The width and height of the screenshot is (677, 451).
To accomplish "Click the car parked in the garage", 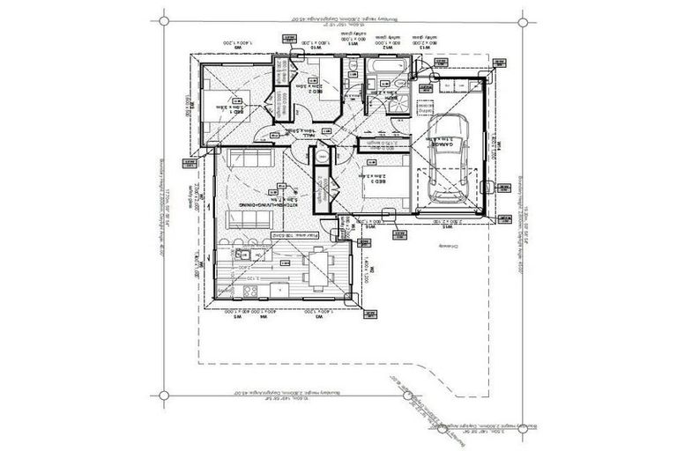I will click(450, 159).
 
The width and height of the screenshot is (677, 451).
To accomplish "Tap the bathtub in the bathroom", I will click(384, 68).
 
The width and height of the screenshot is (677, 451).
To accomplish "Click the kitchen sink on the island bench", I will click(249, 256).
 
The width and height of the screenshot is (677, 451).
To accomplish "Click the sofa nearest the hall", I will click(246, 159).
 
